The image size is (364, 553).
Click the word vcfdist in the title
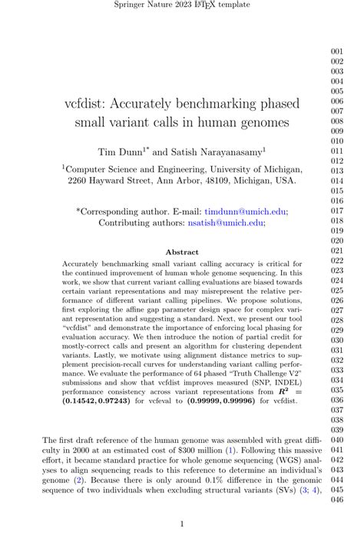86,103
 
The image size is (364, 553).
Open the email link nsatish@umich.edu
224,222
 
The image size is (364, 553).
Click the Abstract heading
182,252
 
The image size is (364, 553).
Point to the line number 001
337,52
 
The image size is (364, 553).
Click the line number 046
337,500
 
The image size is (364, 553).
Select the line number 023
337,271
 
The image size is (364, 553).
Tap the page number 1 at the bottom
182,525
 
